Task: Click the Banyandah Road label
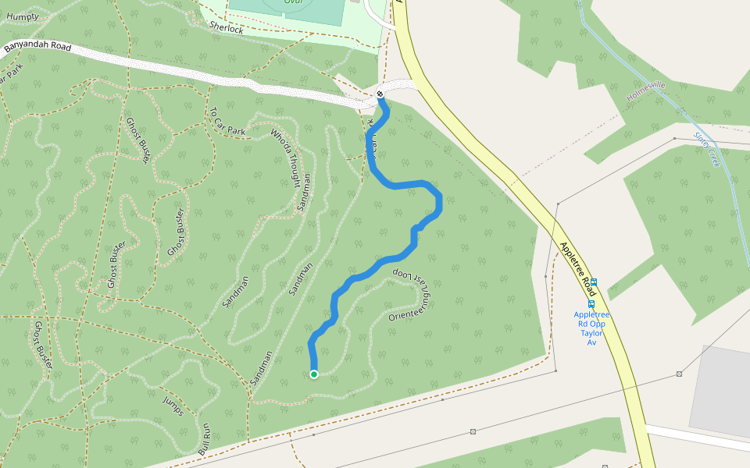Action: tap(37, 48)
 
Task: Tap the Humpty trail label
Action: tap(22, 16)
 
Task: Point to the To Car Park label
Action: tap(227, 122)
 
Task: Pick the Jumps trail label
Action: tap(173, 405)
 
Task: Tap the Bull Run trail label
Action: tap(205, 438)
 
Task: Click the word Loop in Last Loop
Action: tap(401, 274)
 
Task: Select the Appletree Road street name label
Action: tap(579, 268)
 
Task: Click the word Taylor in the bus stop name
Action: tap(591, 333)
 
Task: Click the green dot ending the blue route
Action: tap(314, 374)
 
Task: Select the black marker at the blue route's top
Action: tap(380, 94)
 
